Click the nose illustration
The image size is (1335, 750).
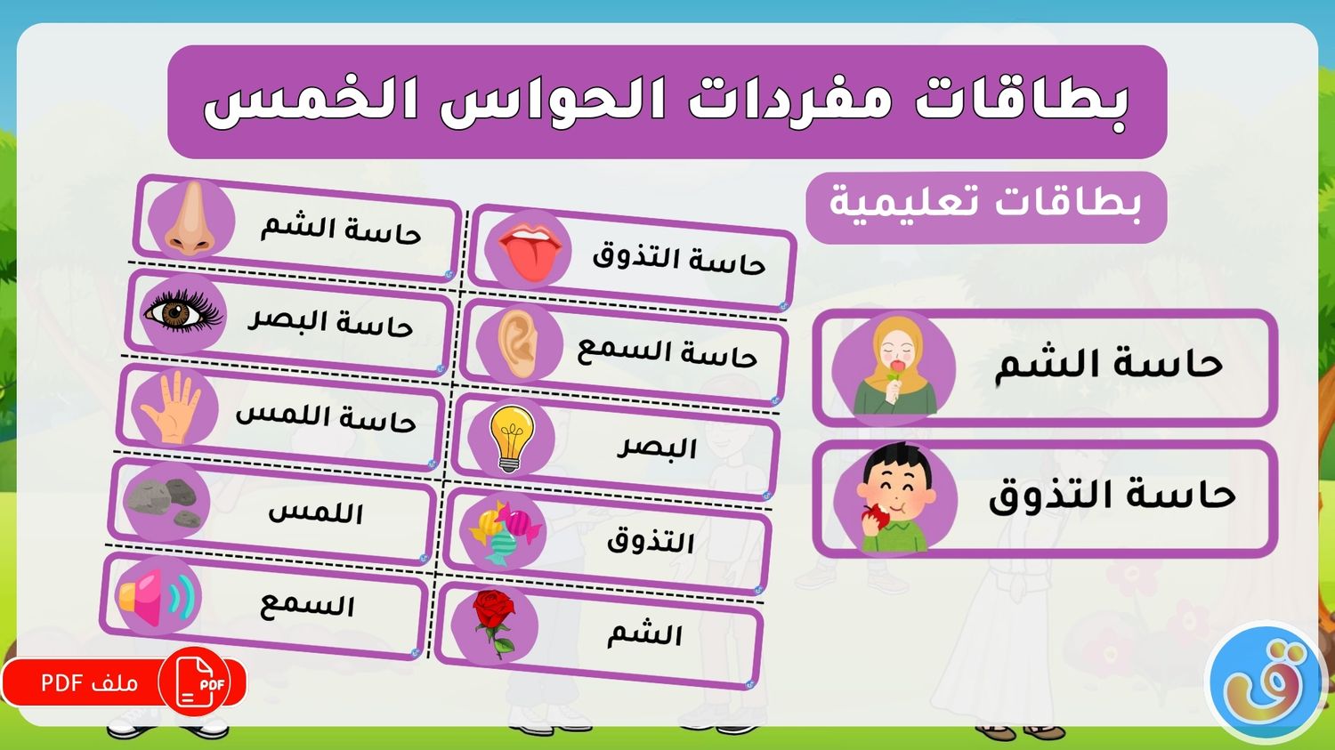pyautogui.click(x=190, y=219)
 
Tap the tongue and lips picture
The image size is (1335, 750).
pyautogui.click(x=530, y=251)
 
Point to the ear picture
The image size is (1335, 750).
pyautogui.click(x=518, y=344)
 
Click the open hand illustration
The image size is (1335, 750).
pyautogui.click(x=171, y=407)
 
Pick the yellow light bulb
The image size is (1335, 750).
pyautogui.click(x=512, y=439)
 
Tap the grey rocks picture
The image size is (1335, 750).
pyautogui.click(x=164, y=502)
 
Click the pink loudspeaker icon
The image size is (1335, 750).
pyautogui.click(x=157, y=597)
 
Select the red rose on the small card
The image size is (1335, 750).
pyautogui.click(x=494, y=624)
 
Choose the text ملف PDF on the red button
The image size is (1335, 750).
pyautogui.click(x=89, y=682)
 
